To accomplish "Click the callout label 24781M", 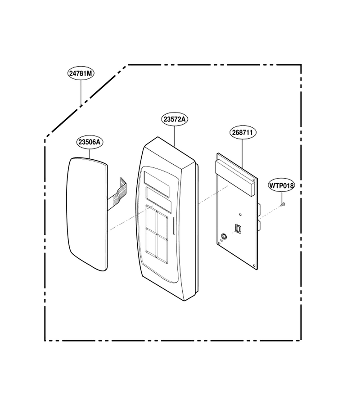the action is click(81, 73).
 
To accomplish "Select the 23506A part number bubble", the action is click(90, 142).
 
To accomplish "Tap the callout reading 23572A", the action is click(175, 119).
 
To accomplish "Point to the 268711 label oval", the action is click(243, 132).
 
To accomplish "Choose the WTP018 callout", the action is click(282, 185).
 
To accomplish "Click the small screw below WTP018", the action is click(283, 204).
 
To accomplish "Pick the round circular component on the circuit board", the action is click(224, 236).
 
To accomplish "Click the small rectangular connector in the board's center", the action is click(238, 229).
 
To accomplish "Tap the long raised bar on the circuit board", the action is click(234, 178).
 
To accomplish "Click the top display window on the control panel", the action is click(157, 180).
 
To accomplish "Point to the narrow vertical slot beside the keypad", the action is click(173, 226).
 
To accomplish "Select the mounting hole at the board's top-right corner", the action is click(254, 180).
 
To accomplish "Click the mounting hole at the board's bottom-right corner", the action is click(254, 265).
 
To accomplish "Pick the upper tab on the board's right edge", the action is click(259, 209).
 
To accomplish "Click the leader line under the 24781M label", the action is click(81, 92).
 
